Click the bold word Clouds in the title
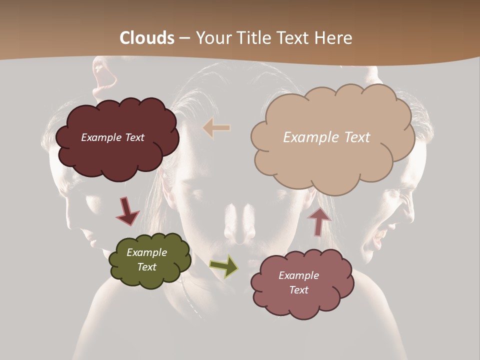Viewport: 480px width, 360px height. click(x=147, y=38)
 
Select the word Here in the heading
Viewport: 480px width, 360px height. click(x=334, y=38)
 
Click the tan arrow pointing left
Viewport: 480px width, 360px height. click(x=217, y=128)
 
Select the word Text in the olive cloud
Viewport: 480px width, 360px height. click(x=147, y=267)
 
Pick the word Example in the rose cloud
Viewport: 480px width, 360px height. click(x=298, y=275)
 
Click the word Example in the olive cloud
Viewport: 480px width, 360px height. click(x=147, y=252)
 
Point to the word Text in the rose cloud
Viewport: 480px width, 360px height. click(x=298, y=290)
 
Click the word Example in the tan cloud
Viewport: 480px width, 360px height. click(x=311, y=137)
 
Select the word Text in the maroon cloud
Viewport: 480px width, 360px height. click(x=134, y=137)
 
